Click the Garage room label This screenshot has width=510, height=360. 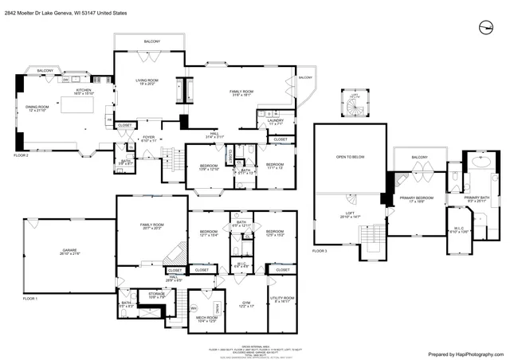pyautogui.click(x=70, y=252)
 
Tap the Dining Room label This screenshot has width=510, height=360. pyautogui.click(x=37, y=108)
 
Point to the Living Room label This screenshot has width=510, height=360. pyautogui.click(x=146, y=83)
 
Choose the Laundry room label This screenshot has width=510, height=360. pyautogui.click(x=276, y=122)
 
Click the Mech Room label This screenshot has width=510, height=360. pyautogui.click(x=207, y=319)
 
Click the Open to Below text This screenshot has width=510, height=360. pyautogui.click(x=350, y=157)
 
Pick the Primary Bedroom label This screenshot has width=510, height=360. pyautogui.click(x=416, y=199)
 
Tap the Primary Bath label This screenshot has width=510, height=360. pyautogui.click(x=477, y=199)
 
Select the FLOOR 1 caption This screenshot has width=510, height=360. pyautogui.click(x=30, y=298)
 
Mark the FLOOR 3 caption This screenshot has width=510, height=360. pyautogui.click(x=320, y=251)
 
